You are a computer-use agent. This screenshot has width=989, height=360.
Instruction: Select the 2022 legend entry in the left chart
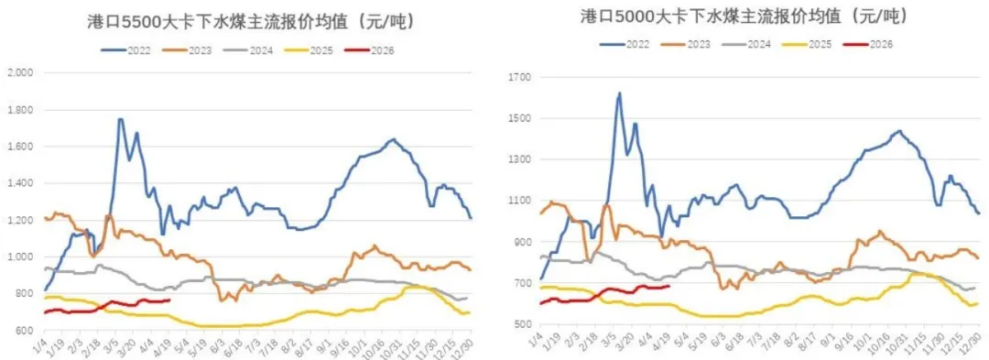pyautogui.click(x=131, y=49)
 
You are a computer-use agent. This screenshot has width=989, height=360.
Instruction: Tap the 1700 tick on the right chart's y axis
pyautogui.click(x=518, y=78)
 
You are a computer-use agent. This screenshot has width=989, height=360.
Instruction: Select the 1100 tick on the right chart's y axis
pyautogui.click(x=518, y=201)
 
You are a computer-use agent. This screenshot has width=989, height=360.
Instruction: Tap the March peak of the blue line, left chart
pyautogui.click(x=120, y=119)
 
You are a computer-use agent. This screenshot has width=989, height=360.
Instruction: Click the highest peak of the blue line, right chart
pyautogui.click(x=619, y=93)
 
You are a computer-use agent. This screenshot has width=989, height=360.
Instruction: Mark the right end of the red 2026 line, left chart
pyautogui.click(x=169, y=300)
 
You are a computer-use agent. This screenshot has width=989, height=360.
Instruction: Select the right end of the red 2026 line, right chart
pyautogui.click(x=669, y=286)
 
